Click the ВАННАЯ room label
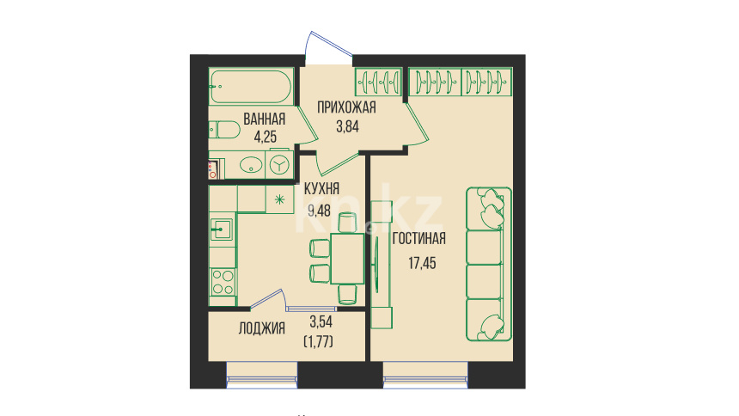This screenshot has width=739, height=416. click(x=265, y=119)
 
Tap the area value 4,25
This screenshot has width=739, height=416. click(x=266, y=138)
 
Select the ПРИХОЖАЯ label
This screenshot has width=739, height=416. click(x=346, y=107)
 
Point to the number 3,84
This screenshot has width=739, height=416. click(x=347, y=126)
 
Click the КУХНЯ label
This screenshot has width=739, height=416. click(x=321, y=189)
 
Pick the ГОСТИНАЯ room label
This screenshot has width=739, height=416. click(x=419, y=239)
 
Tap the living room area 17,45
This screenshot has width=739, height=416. click(x=422, y=263)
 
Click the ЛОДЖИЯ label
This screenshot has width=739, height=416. click(x=261, y=328)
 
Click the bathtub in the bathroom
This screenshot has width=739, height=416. click(x=251, y=87)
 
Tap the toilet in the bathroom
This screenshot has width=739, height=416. click(x=225, y=130)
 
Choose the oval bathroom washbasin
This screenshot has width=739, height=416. click(x=251, y=165)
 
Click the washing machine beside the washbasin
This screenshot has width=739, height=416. click(x=279, y=165)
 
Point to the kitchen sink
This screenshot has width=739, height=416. click(x=221, y=229)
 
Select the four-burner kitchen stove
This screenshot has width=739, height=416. click(x=223, y=282)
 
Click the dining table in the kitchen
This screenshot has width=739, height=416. click(x=347, y=259)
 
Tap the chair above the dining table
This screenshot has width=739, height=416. click(x=347, y=222)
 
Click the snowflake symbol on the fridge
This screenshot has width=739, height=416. click(x=279, y=199)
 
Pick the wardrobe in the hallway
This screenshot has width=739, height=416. click(x=378, y=82)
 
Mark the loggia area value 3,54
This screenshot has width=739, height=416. click(x=321, y=322)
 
